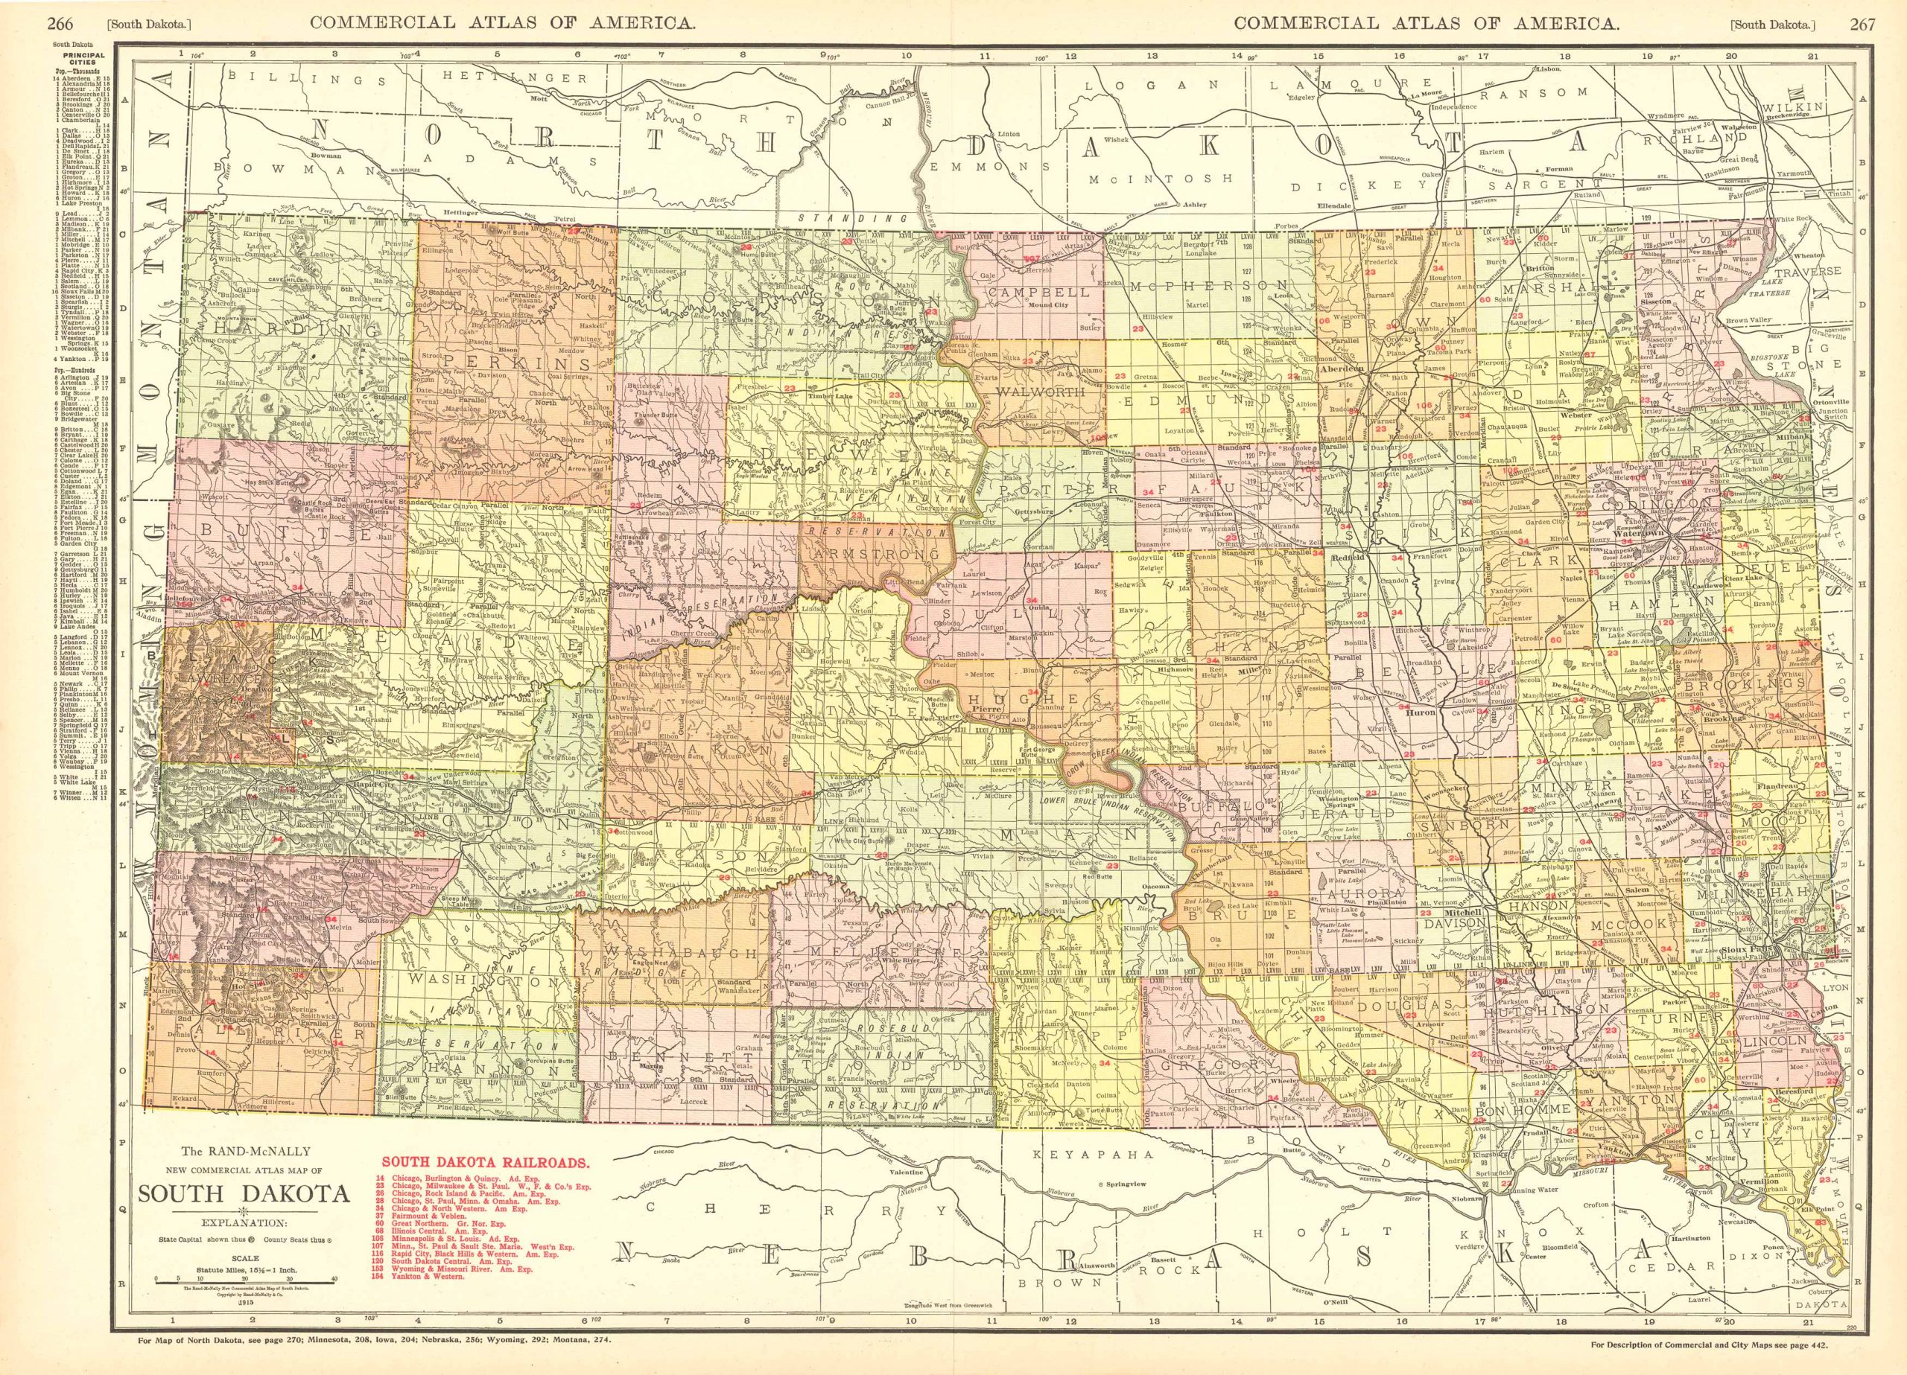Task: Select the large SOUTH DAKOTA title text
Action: click(x=244, y=1194)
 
